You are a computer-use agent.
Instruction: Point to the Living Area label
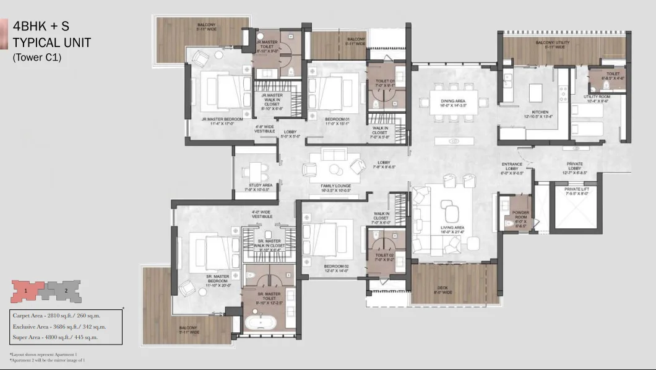pyautogui.click(x=452, y=230)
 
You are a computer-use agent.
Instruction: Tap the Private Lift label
pyautogui.click(x=576, y=190)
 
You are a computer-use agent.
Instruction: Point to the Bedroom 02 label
pyautogui.click(x=337, y=268)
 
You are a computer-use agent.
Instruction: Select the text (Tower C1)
pyautogui.click(x=37, y=58)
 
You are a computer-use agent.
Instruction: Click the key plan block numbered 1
pyautogui.click(x=26, y=289)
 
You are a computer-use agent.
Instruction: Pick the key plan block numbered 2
pyautogui.click(x=65, y=289)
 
